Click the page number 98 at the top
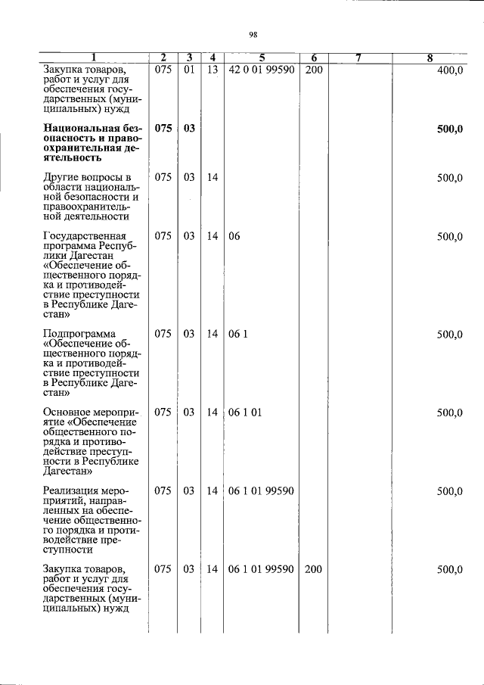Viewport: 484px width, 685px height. (253, 33)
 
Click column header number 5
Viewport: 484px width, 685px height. (261, 58)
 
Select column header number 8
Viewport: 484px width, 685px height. (430, 58)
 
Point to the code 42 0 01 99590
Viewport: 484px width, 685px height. (261, 70)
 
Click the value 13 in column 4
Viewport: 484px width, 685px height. (213, 70)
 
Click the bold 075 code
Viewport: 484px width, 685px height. (163, 129)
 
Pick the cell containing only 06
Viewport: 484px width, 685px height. (234, 237)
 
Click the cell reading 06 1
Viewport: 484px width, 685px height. (237, 335)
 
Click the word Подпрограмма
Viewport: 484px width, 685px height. (79, 335)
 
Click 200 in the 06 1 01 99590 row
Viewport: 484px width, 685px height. (313, 569)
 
